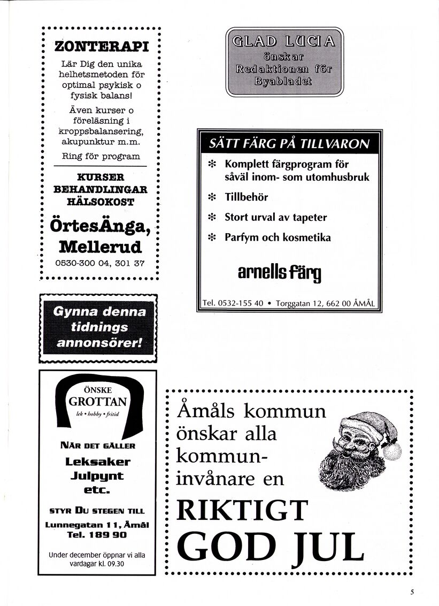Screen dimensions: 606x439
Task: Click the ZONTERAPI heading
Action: click(x=101, y=47)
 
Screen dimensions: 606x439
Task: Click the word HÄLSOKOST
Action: click(x=101, y=202)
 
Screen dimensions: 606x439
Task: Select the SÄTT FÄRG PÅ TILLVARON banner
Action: click(x=289, y=143)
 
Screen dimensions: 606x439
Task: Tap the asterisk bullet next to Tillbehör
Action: click(x=211, y=197)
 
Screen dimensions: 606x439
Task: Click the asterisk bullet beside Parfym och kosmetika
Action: click(x=211, y=237)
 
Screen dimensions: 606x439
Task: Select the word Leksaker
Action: click(x=98, y=461)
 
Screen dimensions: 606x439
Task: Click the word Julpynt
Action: click(x=98, y=475)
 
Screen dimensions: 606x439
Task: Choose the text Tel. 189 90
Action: click(x=98, y=534)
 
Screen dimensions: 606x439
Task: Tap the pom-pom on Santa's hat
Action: click(x=392, y=451)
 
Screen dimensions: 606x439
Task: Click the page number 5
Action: click(x=413, y=592)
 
